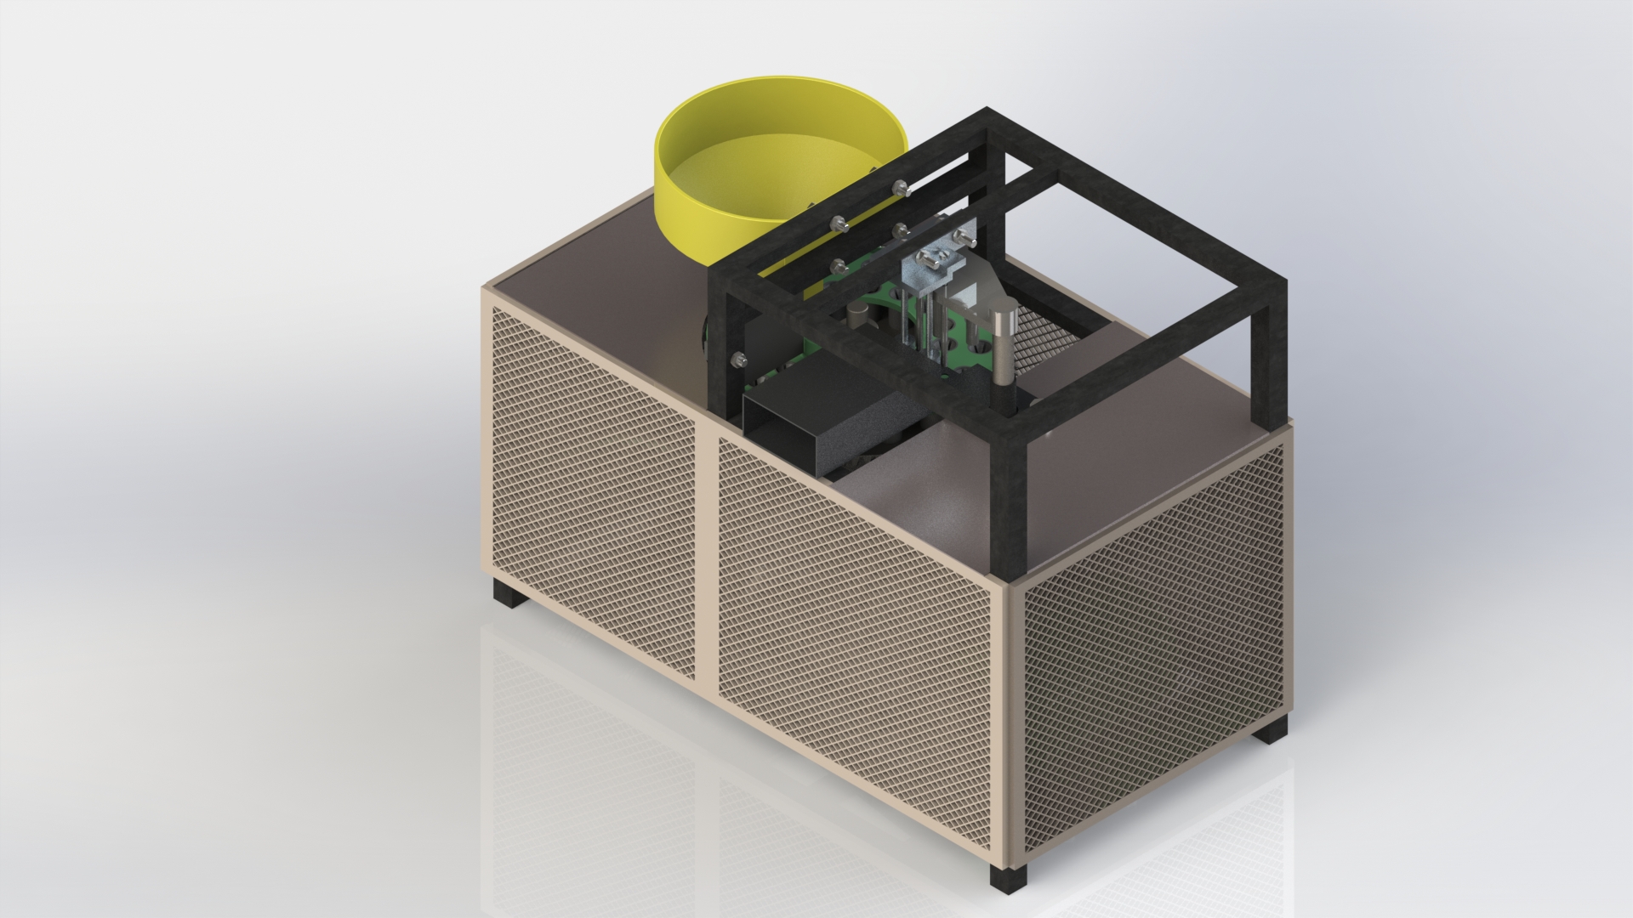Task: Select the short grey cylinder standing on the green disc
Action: (858, 316)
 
